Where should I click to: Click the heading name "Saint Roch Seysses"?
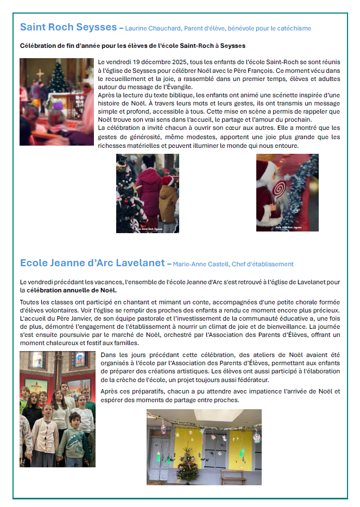tap(68, 27)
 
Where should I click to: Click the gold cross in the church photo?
tap(40, 74)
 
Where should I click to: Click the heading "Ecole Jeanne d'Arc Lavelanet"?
tap(92, 263)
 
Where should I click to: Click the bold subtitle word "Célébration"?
tap(38, 46)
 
